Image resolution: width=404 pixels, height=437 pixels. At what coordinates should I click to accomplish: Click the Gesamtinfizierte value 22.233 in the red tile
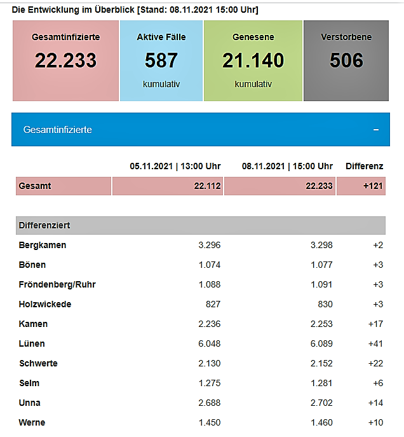point(65,60)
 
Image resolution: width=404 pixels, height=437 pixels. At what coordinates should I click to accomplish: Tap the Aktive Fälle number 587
point(161,60)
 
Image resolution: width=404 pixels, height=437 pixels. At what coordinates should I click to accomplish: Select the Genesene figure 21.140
point(253,60)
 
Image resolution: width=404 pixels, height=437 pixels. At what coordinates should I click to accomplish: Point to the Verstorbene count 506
point(346,60)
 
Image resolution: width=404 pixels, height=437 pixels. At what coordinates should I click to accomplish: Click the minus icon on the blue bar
point(376,130)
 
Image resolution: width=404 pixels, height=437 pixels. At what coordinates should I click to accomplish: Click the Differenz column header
point(364,167)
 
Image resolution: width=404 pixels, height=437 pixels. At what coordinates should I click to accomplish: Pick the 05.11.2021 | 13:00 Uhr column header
point(175,167)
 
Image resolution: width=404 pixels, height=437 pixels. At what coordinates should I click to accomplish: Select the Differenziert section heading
point(44,226)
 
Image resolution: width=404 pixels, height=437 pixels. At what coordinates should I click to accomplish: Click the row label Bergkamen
point(43,245)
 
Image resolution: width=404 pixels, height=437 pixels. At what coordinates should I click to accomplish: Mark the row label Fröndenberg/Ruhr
point(57,284)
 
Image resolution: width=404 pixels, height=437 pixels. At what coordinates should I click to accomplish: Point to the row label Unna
point(30,403)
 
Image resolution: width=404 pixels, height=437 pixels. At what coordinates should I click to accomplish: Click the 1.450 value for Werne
point(209,422)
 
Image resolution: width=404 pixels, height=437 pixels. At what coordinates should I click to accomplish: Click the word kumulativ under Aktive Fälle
point(161,84)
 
